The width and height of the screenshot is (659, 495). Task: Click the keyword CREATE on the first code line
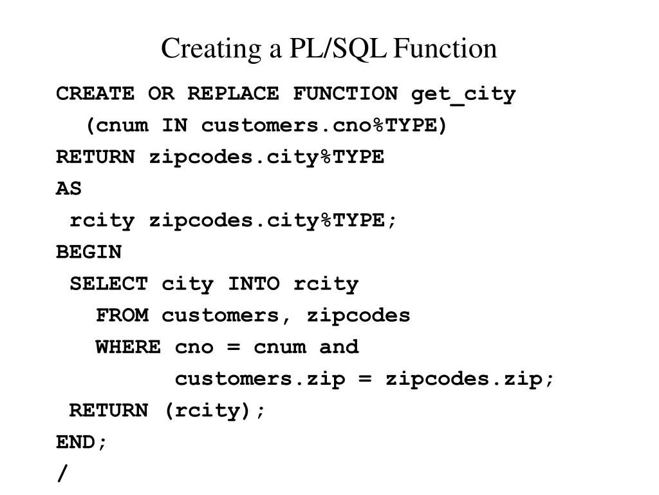coord(95,94)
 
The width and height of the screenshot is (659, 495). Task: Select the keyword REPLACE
coord(233,94)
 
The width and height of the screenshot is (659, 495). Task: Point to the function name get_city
coord(463,94)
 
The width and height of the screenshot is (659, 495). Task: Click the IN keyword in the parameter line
coord(174,126)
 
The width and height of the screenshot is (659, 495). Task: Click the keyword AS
coord(69,189)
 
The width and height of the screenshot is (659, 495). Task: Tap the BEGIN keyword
coord(89,252)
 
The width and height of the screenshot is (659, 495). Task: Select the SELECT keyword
coord(108,284)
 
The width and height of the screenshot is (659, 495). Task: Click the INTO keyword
coord(254,284)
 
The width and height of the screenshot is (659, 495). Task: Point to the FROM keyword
coord(122,315)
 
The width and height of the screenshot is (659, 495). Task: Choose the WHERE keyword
coord(128,347)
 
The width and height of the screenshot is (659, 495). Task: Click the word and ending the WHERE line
coord(339,347)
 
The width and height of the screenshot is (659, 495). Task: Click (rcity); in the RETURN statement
coord(214,411)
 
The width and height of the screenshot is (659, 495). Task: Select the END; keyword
coord(82,442)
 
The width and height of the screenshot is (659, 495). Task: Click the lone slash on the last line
coord(62,474)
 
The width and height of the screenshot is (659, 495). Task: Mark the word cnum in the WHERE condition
coord(279,347)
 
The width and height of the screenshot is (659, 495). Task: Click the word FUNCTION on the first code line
coord(345,94)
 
